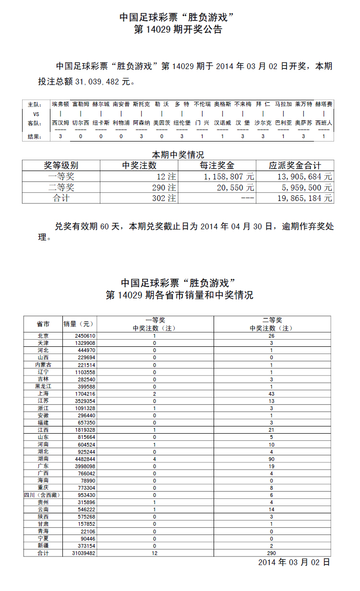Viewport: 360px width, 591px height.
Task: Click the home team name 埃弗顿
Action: [60, 104]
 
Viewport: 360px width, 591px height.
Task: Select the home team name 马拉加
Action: [283, 104]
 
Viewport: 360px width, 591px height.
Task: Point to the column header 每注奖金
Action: [217, 165]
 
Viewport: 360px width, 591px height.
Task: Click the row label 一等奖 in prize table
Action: [61, 177]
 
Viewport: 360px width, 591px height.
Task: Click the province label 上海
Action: [43, 393]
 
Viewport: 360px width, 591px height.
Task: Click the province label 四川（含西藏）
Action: [43, 495]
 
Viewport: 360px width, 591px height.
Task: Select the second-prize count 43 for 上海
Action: [271, 393]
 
